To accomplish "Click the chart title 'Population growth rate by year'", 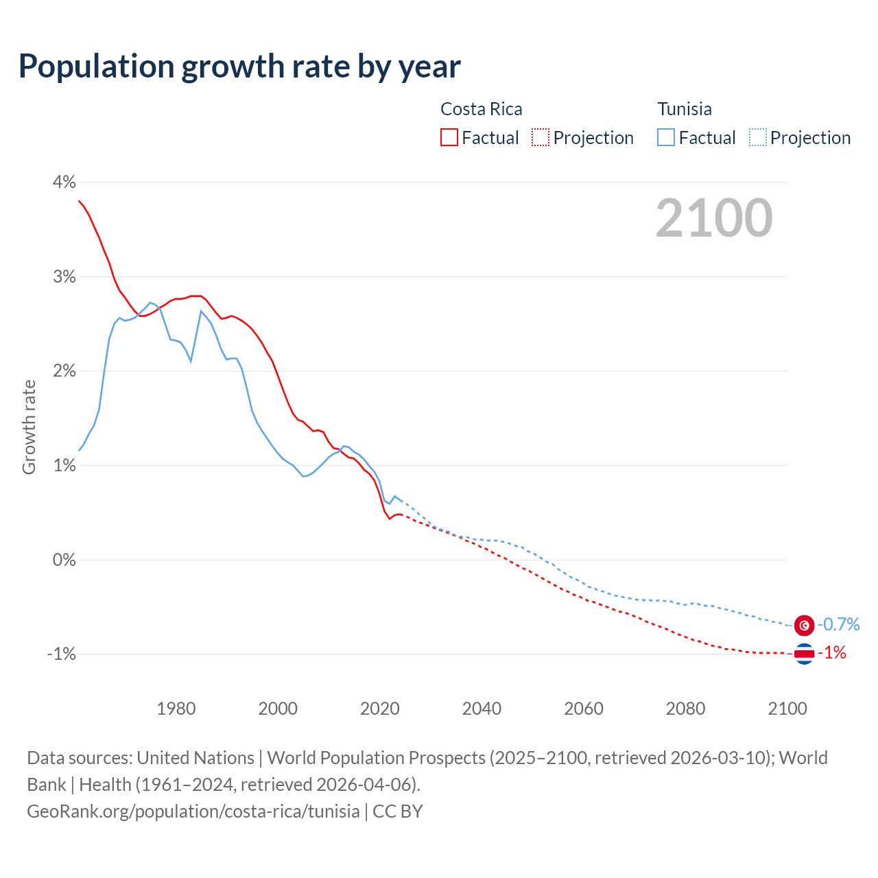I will click(x=239, y=67).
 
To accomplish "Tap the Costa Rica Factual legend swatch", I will click(x=449, y=137).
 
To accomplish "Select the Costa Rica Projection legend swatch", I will click(x=541, y=137).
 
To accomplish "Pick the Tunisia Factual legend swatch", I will click(x=666, y=137).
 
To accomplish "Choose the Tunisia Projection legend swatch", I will click(x=757, y=137).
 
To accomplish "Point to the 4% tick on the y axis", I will click(x=64, y=182).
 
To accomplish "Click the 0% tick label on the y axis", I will click(x=64, y=560).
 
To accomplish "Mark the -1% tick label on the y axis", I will click(x=61, y=654).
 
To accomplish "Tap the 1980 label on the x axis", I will click(x=176, y=709).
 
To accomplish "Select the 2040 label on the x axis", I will click(x=482, y=709).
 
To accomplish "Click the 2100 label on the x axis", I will click(x=787, y=709).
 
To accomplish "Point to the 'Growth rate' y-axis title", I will click(x=29, y=427).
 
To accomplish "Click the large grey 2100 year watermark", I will click(x=714, y=218).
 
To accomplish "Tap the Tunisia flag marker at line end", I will click(x=804, y=625).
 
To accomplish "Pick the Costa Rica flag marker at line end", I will click(x=804, y=654).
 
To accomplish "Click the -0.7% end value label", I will click(x=838, y=624).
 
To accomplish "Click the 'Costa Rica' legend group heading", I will click(x=481, y=109).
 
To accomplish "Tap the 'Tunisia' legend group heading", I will click(x=685, y=109).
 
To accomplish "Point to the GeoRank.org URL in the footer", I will click(x=193, y=811).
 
